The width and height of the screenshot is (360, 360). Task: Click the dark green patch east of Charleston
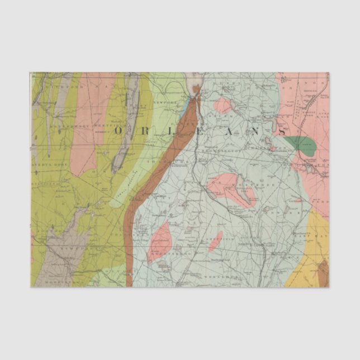click(302, 144)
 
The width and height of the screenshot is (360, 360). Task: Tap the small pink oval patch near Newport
click(224, 105)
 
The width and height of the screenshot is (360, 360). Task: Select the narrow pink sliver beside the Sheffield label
click(215, 241)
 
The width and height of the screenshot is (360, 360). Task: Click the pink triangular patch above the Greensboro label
click(159, 241)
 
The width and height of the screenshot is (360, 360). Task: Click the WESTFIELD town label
click(104, 125)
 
